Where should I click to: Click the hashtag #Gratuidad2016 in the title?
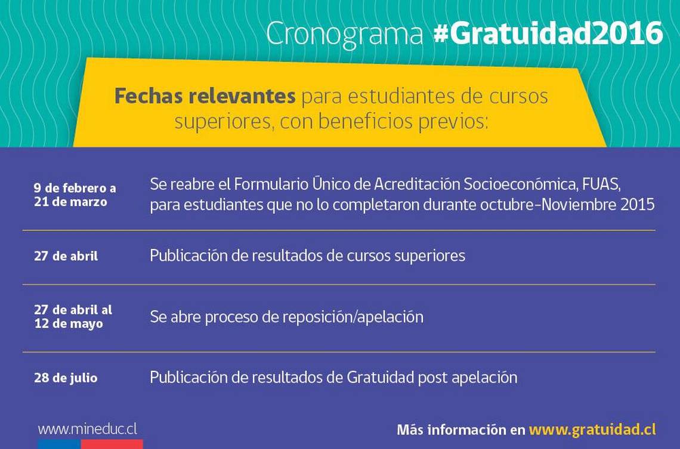click(548, 33)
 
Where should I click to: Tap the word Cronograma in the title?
click(345, 34)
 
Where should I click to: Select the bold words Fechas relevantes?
click(205, 96)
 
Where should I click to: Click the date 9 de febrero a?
click(75, 188)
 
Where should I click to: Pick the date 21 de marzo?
click(71, 202)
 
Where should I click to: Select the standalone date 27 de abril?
click(66, 256)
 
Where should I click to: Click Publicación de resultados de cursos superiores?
click(307, 256)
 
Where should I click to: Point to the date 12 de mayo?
click(69, 324)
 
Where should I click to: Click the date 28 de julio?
click(66, 378)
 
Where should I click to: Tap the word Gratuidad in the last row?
click(381, 377)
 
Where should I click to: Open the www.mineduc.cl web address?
click(88, 429)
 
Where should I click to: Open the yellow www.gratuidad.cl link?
click(592, 430)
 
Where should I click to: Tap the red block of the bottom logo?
click(112, 444)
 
